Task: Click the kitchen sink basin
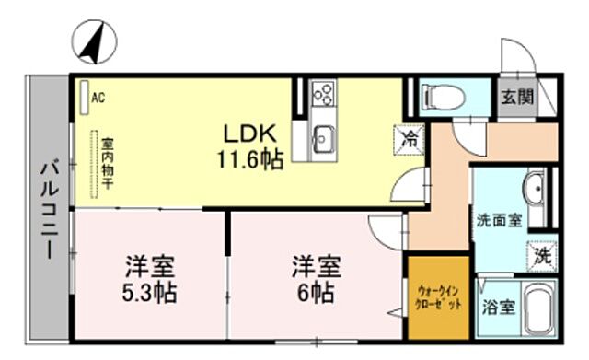coord(323,138)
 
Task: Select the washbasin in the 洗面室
coord(534,188)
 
